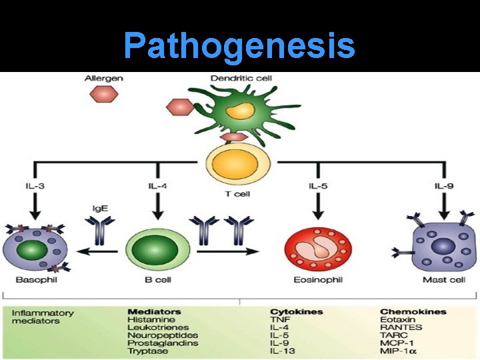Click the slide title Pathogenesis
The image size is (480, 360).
[x=239, y=45]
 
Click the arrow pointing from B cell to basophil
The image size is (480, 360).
[x=98, y=251]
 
